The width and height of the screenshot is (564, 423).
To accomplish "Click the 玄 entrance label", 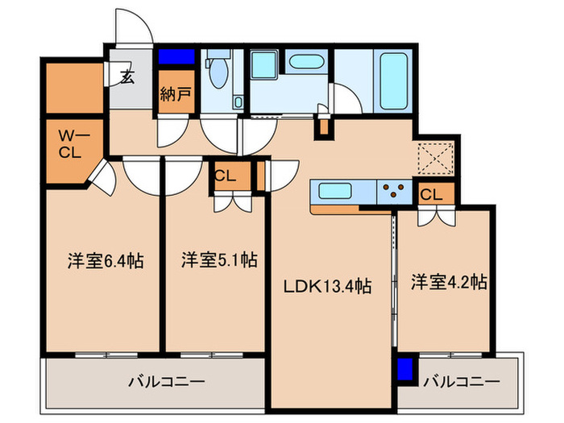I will coord(127,78).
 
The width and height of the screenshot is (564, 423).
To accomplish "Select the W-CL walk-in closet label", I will coord(69,143).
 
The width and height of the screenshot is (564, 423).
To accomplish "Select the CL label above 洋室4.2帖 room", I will coord(431,194).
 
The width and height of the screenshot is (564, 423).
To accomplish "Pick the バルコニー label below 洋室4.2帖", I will coord(461,380).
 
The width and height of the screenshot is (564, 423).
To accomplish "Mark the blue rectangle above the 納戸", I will coord(176,57).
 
